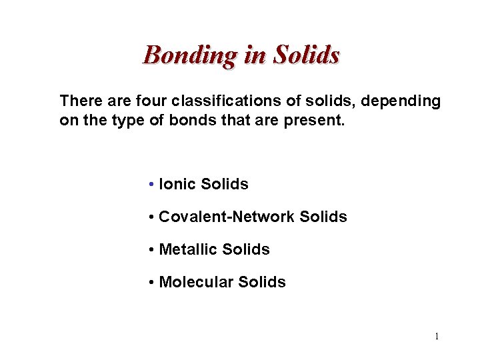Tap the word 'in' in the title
point(255,55)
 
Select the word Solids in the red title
point(307,55)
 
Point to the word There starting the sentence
point(80,101)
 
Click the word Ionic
point(178,185)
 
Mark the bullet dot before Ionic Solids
point(153,185)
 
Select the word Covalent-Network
point(227,217)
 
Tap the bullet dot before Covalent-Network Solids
point(153,217)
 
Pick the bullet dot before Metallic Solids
point(153,250)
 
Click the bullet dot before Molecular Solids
point(153,283)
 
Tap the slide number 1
point(437,336)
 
